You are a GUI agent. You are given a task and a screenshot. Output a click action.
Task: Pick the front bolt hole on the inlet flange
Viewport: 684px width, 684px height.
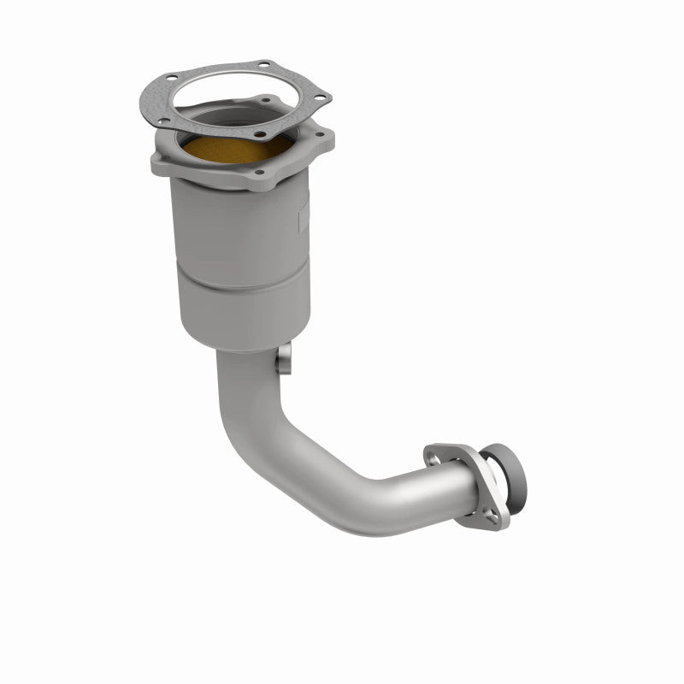(258, 171)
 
